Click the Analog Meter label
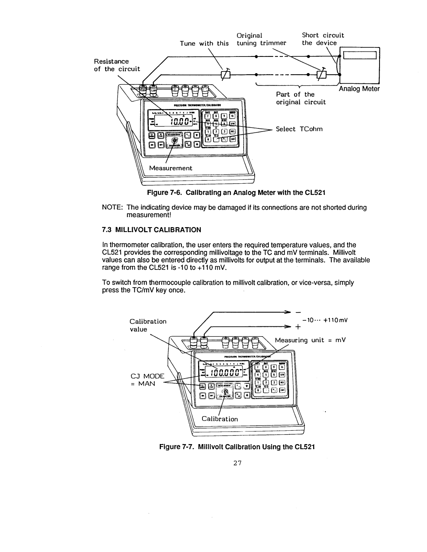pyautogui.click(x=359, y=89)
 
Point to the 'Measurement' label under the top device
pyautogui.click(x=170, y=168)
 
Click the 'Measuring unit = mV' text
pyautogui.click(x=310, y=340)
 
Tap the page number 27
pyautogui.click(x=237, y=464)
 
